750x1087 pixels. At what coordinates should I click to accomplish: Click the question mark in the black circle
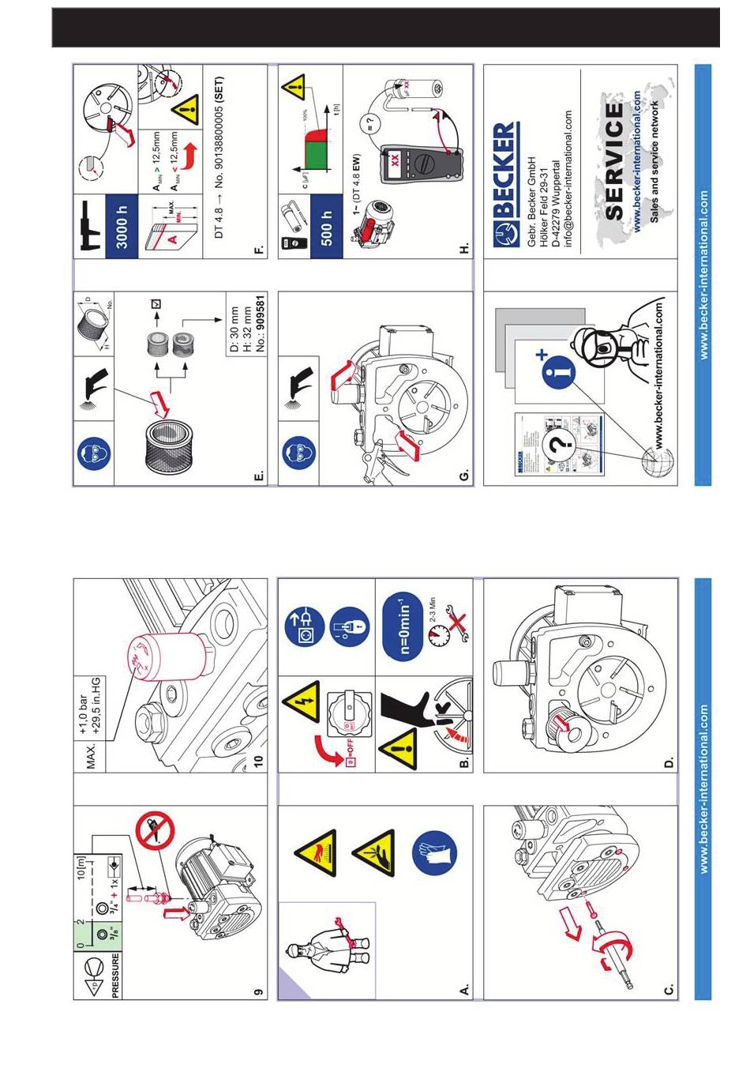point(560,447)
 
